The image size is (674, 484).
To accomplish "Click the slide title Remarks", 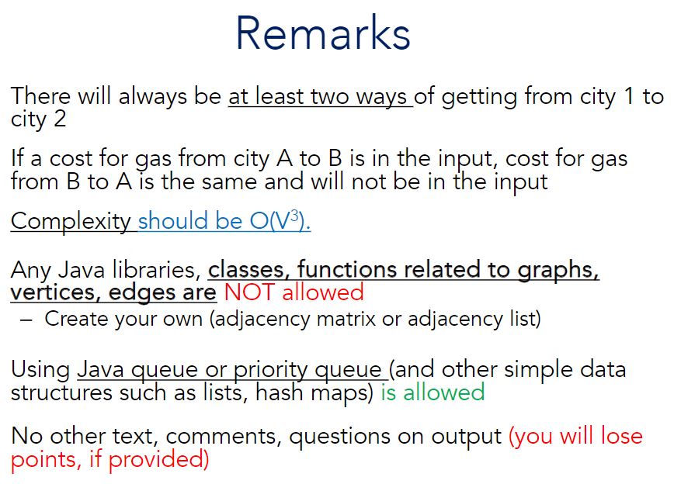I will point(322,35).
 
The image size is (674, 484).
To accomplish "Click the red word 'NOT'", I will point(250,292).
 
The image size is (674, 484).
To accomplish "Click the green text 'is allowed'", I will point(433,392).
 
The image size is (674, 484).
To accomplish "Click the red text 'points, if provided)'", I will point(109,459).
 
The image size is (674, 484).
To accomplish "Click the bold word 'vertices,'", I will point(52,292).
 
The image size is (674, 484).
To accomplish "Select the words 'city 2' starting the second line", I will point(38,119).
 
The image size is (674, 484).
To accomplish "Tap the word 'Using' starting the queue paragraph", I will point(40,370).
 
